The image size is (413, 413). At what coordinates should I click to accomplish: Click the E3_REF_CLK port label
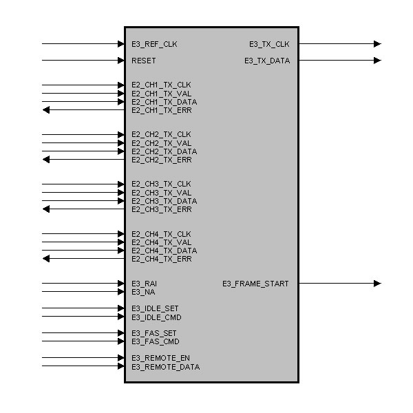154,44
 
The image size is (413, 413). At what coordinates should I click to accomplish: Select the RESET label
144,61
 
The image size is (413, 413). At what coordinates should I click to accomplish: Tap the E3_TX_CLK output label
269,44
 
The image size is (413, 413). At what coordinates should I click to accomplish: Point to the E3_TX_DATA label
266,61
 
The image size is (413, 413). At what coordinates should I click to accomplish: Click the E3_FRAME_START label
255,284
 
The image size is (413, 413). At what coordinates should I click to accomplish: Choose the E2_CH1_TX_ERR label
162,110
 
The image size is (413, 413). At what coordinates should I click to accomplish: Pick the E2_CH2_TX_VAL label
162,143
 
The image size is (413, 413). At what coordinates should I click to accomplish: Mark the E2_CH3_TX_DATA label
164,201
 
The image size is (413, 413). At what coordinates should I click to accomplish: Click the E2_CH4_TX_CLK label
162,234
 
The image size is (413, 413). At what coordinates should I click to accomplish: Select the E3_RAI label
144,284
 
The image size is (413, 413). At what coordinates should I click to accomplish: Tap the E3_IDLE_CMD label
156,317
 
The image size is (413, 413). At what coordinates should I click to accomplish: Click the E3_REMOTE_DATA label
166,367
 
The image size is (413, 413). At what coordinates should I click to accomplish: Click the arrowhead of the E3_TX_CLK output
377,44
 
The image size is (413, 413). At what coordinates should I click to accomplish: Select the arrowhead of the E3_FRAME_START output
377,284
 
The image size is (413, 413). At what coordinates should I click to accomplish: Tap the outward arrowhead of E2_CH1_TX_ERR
46,110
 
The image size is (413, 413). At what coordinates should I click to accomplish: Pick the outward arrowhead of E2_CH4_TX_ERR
46,259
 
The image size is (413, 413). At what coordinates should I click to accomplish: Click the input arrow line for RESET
83,61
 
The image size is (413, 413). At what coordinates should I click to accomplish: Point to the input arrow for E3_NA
83,292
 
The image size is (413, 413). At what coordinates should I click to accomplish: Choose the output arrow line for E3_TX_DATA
337,61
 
